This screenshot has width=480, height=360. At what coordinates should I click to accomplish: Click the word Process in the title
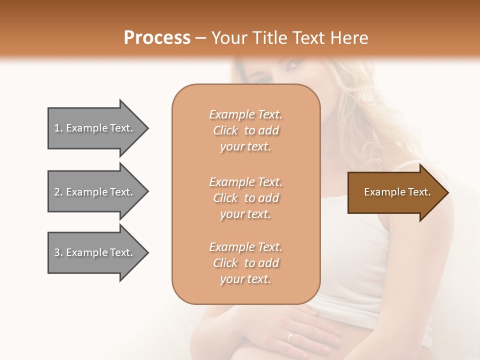pos(157,38)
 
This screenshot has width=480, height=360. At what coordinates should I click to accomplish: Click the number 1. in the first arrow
pos(58,128)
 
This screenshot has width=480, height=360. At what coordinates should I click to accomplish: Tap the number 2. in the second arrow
pos(58,192)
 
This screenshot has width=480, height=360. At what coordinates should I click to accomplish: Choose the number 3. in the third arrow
pos(58,252)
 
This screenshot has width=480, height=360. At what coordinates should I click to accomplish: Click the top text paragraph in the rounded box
pos(245,130)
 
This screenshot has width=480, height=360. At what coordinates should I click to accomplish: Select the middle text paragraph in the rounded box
pos(245,198)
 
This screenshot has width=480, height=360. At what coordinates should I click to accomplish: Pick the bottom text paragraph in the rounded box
pos(245,263)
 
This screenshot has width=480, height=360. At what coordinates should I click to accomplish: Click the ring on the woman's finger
pos(290,336)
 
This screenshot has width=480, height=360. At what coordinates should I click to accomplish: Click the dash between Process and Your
pos(200,38)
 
